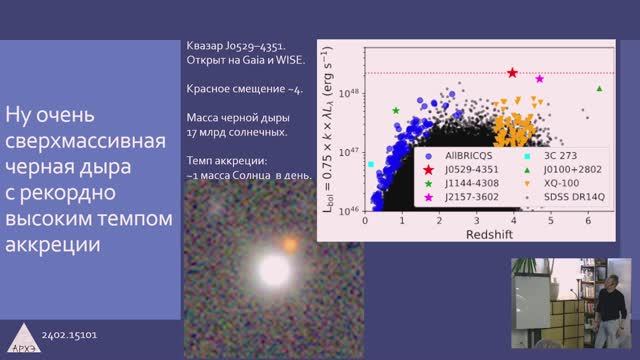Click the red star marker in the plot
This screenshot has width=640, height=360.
512,73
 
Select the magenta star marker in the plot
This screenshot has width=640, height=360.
540,78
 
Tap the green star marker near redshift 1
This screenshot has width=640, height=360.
396,110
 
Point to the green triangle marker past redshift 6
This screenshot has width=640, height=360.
599,89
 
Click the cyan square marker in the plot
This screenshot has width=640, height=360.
371,163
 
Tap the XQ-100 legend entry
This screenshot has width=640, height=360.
565,184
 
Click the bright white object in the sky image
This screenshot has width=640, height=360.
273,269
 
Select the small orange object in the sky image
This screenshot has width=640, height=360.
290,242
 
